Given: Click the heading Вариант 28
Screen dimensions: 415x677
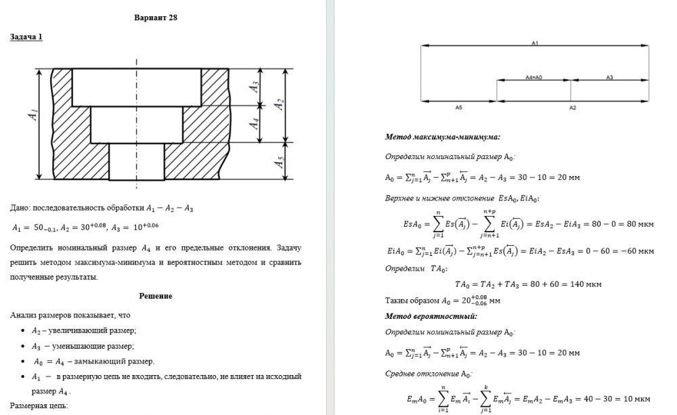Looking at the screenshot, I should coord(156,17).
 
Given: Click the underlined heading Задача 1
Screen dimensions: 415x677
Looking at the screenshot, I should coord(26,37).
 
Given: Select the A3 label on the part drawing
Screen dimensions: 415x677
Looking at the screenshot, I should coord(255,87).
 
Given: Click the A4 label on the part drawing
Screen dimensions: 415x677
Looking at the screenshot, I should coord(255,124).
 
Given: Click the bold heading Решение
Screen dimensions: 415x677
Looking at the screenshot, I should coord(156,296).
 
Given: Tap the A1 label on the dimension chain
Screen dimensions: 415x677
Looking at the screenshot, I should coord(535,43).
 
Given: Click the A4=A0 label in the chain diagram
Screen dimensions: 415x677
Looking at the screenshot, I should coord(534,77).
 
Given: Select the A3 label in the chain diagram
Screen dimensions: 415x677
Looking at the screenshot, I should coord(609,77).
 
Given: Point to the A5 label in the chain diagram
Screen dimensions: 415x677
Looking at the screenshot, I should coord(458,108).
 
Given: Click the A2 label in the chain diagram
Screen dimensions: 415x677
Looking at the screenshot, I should coord(572,108).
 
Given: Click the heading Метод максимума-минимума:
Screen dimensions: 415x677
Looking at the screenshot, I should coord(442,137).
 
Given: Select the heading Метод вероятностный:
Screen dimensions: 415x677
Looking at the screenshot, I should coord(431,315).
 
